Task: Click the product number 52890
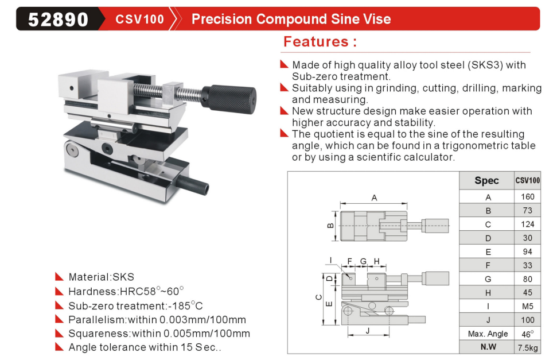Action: pos(58,19)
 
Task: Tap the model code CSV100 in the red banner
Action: pos(139,19)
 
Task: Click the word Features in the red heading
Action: pos(316,42)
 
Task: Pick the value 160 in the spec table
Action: pos(528,196)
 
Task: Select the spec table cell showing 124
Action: pos(528,224)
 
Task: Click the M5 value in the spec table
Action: pos(528,307)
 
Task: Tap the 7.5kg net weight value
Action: pos(528,347)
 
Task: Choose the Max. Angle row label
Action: pos(488,334)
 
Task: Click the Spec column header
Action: pos(486,180)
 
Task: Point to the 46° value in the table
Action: pos(528,334)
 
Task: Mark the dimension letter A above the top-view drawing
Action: pos(374,198)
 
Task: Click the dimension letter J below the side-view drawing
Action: pos(368,331)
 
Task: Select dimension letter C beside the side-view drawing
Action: pos(318,297)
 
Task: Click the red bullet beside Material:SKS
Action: pos(59,276)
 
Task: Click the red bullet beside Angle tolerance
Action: pos(59,347)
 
